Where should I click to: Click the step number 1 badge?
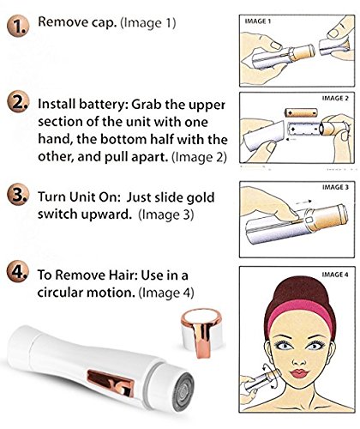pyautogui.click(x=18, y=27)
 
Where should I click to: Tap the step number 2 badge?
pyautogui.click(x=18, y=101)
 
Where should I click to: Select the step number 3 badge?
pyautogui.click(x=18, y=195)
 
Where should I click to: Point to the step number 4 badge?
pyautogui.click(x=18, y=272)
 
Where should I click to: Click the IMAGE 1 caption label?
pyautogui.click(x=257, y=21)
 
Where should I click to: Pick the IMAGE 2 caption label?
pyautogui.click(x=335, y=98)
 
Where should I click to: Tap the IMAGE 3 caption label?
pyautogui.click(x=335, y=187)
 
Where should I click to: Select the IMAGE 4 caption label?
pyautogui.click(x=335, y=275)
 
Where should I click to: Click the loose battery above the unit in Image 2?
pyautogui.click(x=301, y=112)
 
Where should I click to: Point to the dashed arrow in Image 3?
pyautogui.click(x=303, y=202)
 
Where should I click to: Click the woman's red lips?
pyautogui.click(x=299, y=373)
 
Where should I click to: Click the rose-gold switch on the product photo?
pyautogui.click(x=111, y=383)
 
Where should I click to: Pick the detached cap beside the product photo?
pyautogui.click(x=202, y=332)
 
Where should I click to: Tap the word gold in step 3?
pyautogui.click(x=200, y=197)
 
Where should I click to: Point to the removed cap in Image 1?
pyautogui.click(x=334, y=45)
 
